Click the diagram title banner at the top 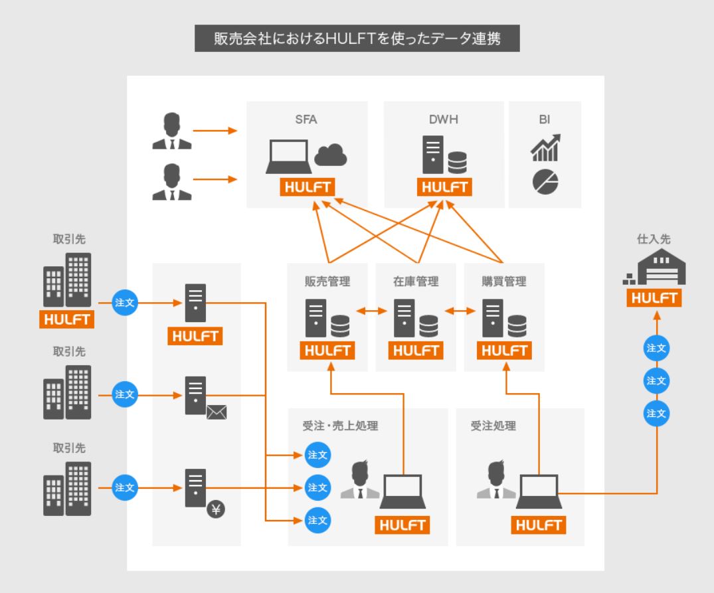click(357, 39)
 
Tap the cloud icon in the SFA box click(330, 156)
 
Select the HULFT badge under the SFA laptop click(307, 187)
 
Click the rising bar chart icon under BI click(545, 147)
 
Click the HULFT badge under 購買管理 click(504, 351)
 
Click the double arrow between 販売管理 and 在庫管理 click(371, 310)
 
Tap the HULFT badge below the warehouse click(656, 299)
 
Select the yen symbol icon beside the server click(217, 509)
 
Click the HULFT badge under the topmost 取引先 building click(67, 319)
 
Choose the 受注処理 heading click(490, 426)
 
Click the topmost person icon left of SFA click(172, 131)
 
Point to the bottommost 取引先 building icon click(67, 489)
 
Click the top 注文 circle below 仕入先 click(656, 347)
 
